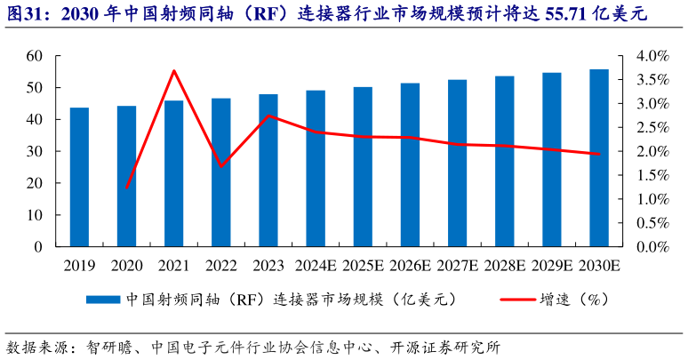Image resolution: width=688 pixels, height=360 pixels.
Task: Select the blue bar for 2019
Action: [80, 177]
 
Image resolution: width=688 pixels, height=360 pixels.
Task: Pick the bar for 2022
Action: [221, 172]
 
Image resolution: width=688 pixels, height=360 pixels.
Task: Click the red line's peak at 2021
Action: [174, 70]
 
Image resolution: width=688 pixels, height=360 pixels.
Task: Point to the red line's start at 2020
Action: [127, 188]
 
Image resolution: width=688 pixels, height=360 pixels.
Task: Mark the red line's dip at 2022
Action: [221, 166]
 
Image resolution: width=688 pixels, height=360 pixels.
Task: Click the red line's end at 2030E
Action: [599, 154]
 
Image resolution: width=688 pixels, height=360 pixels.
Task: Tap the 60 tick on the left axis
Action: [35, 56]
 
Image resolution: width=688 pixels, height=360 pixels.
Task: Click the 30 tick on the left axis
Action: [35, 152]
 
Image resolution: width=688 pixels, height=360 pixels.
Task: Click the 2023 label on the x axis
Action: [268, 265]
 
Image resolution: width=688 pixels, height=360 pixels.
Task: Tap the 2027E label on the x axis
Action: [457, 265]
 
